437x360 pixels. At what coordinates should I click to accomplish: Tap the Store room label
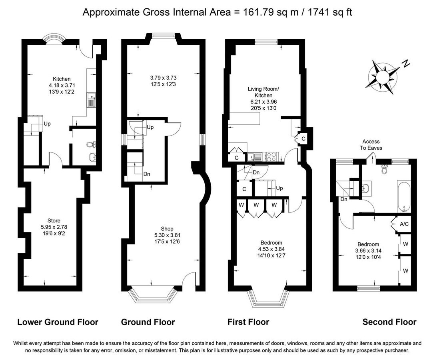pyautogui.click(x=53, y=220)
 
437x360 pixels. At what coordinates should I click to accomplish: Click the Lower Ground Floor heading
pyautogui.click(x=58, y=322)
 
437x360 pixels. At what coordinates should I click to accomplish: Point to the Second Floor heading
pyautogui.click(x=389, y=322)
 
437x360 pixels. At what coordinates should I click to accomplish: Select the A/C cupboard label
pyautogui.click(x=404, y=224)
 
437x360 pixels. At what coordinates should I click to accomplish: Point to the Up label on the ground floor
pyautogui.click(x=150, y=127)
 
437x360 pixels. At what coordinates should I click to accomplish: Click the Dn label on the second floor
pyautogui.click(x=343, y=199)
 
